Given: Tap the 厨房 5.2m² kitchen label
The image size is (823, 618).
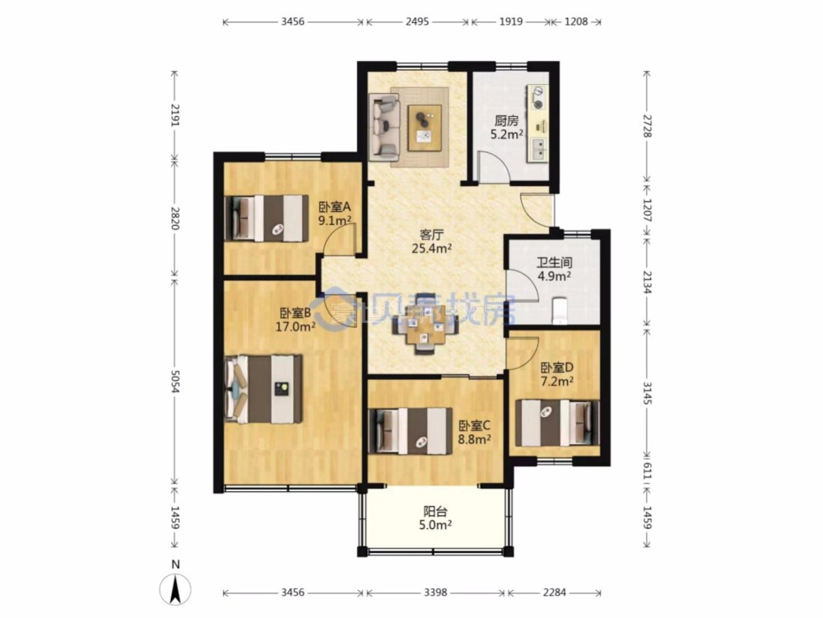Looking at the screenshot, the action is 506,128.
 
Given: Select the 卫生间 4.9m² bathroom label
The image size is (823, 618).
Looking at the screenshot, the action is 554,269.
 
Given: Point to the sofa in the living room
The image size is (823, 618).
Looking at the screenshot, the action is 384,126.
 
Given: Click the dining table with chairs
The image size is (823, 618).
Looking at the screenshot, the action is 425,330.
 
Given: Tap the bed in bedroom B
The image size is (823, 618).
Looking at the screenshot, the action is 263,389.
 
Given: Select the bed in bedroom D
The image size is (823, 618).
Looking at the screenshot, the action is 557,423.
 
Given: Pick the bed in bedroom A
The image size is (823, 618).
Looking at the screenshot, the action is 266,218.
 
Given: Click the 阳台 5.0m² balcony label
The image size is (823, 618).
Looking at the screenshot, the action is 435,518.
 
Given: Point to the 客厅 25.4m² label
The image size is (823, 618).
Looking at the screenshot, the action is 431,241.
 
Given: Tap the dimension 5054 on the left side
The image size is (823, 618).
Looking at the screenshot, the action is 175,381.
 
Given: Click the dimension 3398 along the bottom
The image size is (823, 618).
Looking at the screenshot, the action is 435,592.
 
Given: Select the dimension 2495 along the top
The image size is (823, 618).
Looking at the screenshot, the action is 416,21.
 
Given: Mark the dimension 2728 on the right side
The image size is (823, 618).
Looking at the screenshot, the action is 647,126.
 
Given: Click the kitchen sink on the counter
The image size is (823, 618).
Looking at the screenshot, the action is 538,148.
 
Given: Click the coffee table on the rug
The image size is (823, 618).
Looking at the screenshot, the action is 425,128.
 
